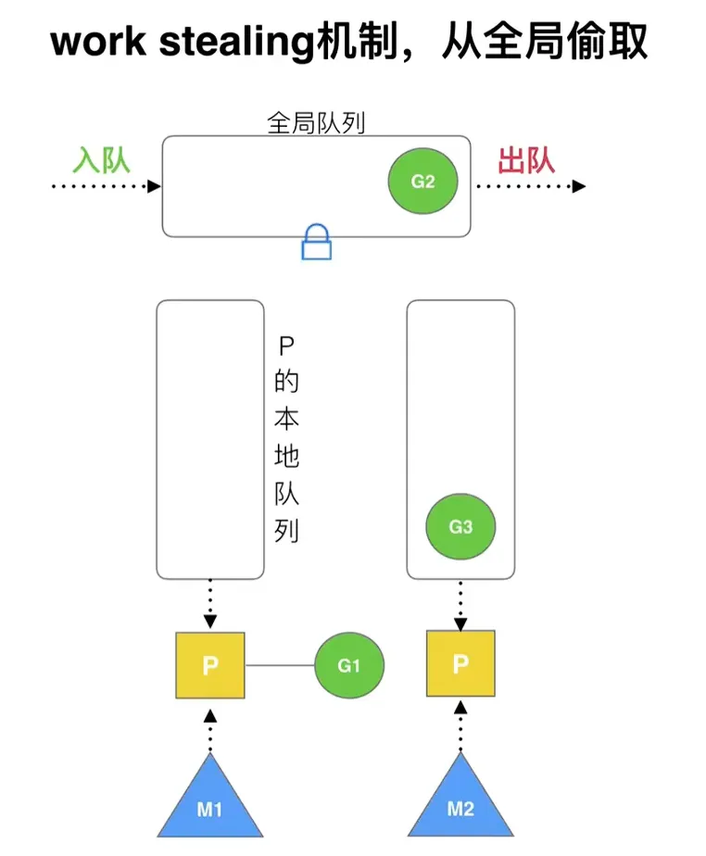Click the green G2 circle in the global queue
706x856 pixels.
coord(422,182)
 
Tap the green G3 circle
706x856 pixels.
coord(460,527)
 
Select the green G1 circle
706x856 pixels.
coord(348,665)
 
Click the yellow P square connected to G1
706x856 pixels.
coord(210,665)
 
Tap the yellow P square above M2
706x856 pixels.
coord(460,663)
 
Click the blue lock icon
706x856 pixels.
coord(317,243)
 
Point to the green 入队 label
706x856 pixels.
coord(102,160)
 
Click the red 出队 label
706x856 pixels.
coord(526,160)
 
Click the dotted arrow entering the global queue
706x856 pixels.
coord(107,186)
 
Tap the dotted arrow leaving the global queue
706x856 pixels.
coord(530,186)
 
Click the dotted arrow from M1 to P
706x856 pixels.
coord(210,729)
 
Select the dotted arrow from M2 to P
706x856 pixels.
coord(460,725)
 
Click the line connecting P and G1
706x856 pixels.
coord(279,665)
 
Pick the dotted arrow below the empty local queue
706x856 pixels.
coord(210,604)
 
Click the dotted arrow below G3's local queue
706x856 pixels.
coord(460,603)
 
